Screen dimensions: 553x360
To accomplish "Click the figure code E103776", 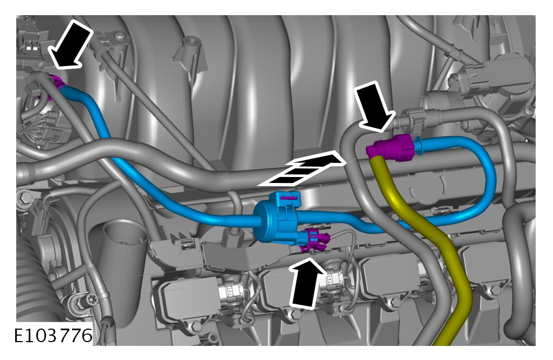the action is (53, 336).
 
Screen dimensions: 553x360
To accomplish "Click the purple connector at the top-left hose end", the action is (56, 87).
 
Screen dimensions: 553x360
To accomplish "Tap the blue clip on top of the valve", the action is (287, 200).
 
